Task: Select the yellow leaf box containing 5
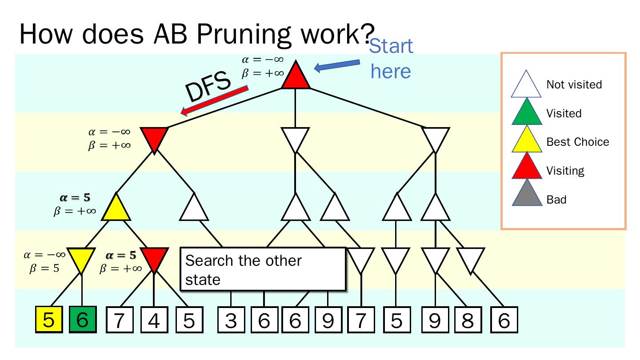pos(48,320)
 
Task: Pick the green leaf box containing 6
pos(82,320)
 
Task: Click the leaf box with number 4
pos(154,320)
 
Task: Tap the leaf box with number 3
pos(231,320)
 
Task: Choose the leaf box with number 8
pos(468,320)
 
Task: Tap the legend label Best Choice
pos(577,142)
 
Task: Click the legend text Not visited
pos(574,84)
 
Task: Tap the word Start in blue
pos(391,46)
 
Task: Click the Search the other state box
pos(263,270)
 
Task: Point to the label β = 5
pos(44,269)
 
